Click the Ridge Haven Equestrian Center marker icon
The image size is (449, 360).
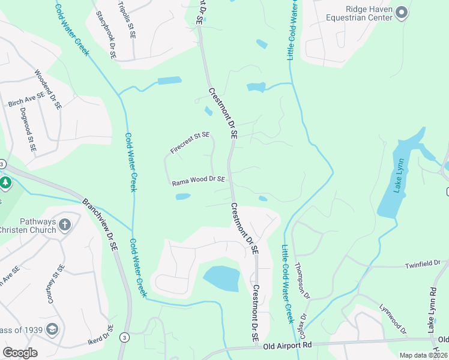(x=402, y=12)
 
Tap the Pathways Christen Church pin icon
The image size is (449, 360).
(x=65, y=225)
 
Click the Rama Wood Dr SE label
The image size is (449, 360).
(x=199, y=179)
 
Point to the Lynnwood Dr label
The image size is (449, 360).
(x=393, y=319)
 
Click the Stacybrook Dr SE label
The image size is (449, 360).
(x=105, y=35)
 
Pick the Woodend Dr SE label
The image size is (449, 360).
(x=48, y=89)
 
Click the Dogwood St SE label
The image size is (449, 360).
(x=28, y=128)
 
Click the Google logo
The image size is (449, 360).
(x=20, y=353)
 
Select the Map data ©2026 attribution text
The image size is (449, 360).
(x=424, y=355)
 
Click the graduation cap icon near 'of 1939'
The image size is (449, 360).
(x=52, y=329)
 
